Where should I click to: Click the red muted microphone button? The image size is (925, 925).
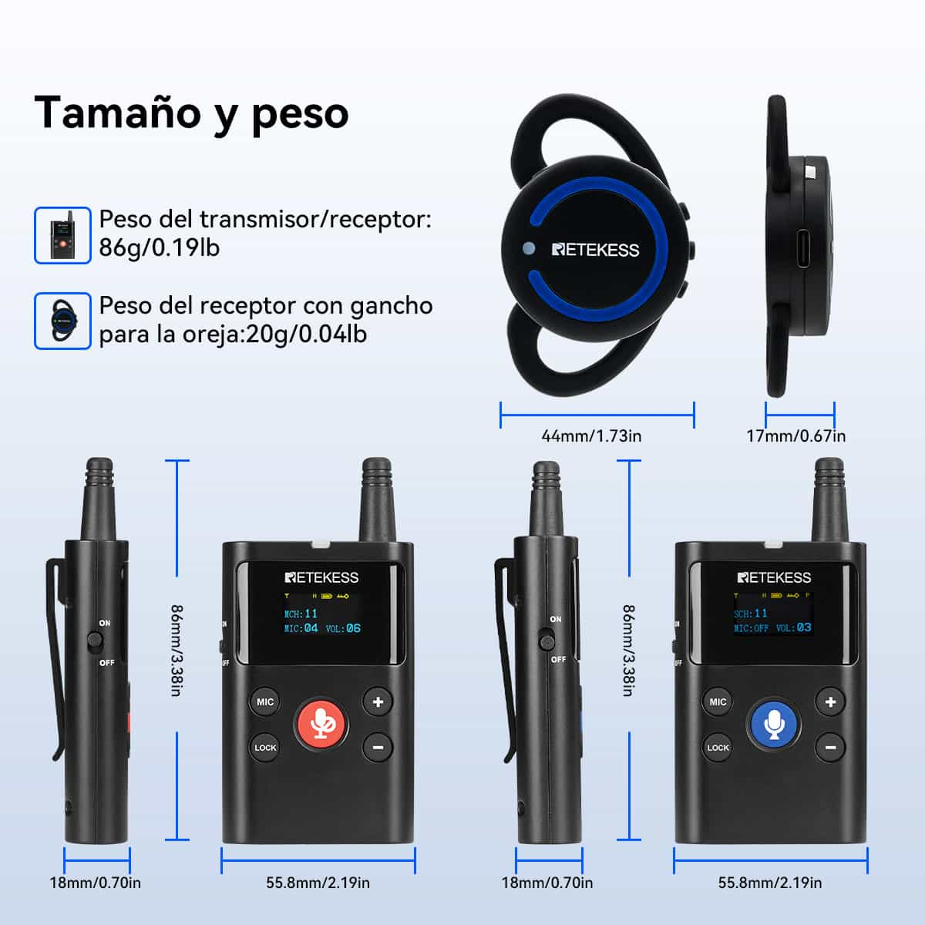click(321, 725)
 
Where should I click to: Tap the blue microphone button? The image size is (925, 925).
click(774, 725)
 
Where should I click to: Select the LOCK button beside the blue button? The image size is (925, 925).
click(718, 748)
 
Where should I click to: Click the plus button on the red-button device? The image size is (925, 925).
click(378, 701)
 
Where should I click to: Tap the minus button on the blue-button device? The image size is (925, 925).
click(830, 748)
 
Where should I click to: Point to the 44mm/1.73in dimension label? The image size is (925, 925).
click(591, 436)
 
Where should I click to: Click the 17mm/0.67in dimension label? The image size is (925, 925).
click(795, 436)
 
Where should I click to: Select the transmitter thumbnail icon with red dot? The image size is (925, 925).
click(62, 235)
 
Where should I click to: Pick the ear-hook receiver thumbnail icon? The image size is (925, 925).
click(62, 321)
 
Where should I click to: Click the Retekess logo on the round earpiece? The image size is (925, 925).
click(595, 250)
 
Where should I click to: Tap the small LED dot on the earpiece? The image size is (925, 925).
click(529, 248)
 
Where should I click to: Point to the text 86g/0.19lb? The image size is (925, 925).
click(160, 247)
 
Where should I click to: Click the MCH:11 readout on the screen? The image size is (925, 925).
click(301, 614)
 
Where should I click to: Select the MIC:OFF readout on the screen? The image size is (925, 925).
click(751, 628)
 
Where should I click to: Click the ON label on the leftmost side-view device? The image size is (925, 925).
click(105, 623)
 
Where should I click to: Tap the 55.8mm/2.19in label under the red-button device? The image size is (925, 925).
click(318, 883)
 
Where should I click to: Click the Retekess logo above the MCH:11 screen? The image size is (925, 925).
click(321, 577)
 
